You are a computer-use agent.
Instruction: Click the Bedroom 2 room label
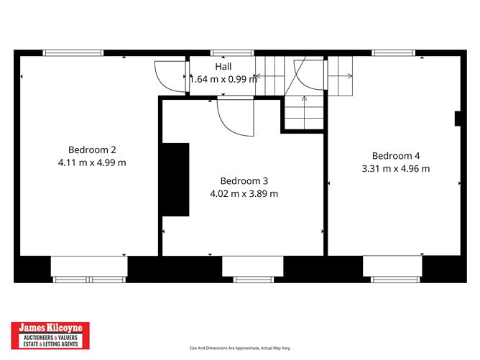click(x=92, y=149)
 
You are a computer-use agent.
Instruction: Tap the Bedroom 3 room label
click(x=244, y=181)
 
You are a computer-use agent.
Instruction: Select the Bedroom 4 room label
click(x=396, y=156)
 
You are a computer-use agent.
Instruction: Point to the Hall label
click(x=223, y=66)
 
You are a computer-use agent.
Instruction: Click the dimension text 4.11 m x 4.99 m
click(x=92, y=162)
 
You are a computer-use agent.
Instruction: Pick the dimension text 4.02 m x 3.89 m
click(x=244, y=194)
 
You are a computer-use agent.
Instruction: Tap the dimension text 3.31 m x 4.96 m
click(x=396, y=169)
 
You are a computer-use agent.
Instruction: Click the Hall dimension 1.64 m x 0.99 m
click(x=223, y=79)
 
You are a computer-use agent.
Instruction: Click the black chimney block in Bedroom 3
click(x=175, y=180)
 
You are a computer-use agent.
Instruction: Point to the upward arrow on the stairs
click(x=304, y=113)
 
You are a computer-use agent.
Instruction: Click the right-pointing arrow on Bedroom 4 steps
click(x=340, y=75)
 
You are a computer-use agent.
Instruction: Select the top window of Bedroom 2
click(x=73, y=53)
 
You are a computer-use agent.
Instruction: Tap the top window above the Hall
click(x=232, y=53)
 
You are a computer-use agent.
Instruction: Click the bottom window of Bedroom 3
click(x=253, y=280)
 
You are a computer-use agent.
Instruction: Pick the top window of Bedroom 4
click(x=393, y=53)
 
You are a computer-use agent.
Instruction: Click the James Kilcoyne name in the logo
click(x=50, y=328)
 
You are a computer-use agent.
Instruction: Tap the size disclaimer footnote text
click(x=240, y=348)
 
